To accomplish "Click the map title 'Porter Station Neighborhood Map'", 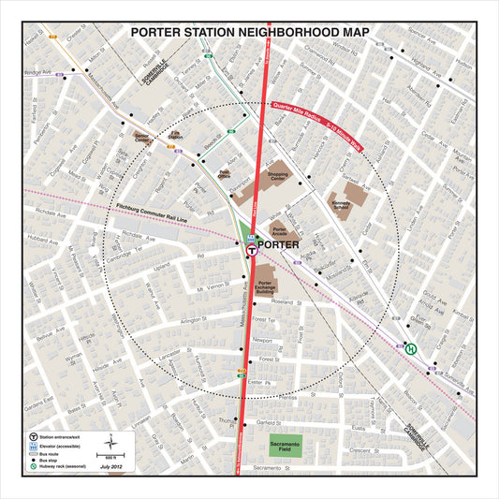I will coord(249,32).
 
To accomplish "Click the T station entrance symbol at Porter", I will coord(252,251).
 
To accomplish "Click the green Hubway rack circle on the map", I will coord(411,348).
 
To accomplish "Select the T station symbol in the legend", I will coord(35,436).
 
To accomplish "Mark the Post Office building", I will coord(225,172).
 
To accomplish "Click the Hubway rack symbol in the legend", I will coord(35,466).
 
